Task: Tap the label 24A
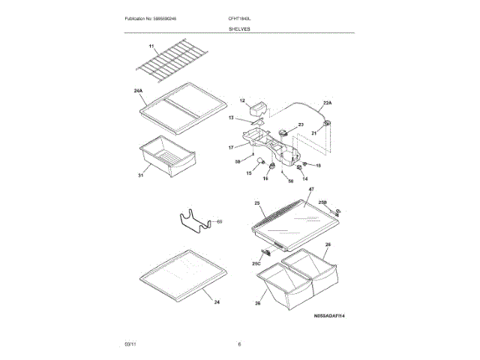click(x=138, y=91)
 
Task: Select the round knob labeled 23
click(x=283, y=133)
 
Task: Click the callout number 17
click(x=231, y=148)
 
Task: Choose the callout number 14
click(x=305, y=178)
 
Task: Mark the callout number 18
click(x=317, y=165)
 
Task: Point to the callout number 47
click(x=311, y=190)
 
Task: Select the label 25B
click(x=323, y=202)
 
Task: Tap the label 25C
click(x=256, y=264)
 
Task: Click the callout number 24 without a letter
click(x=217, y=302)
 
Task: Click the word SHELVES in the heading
click(x=240, y=28)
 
